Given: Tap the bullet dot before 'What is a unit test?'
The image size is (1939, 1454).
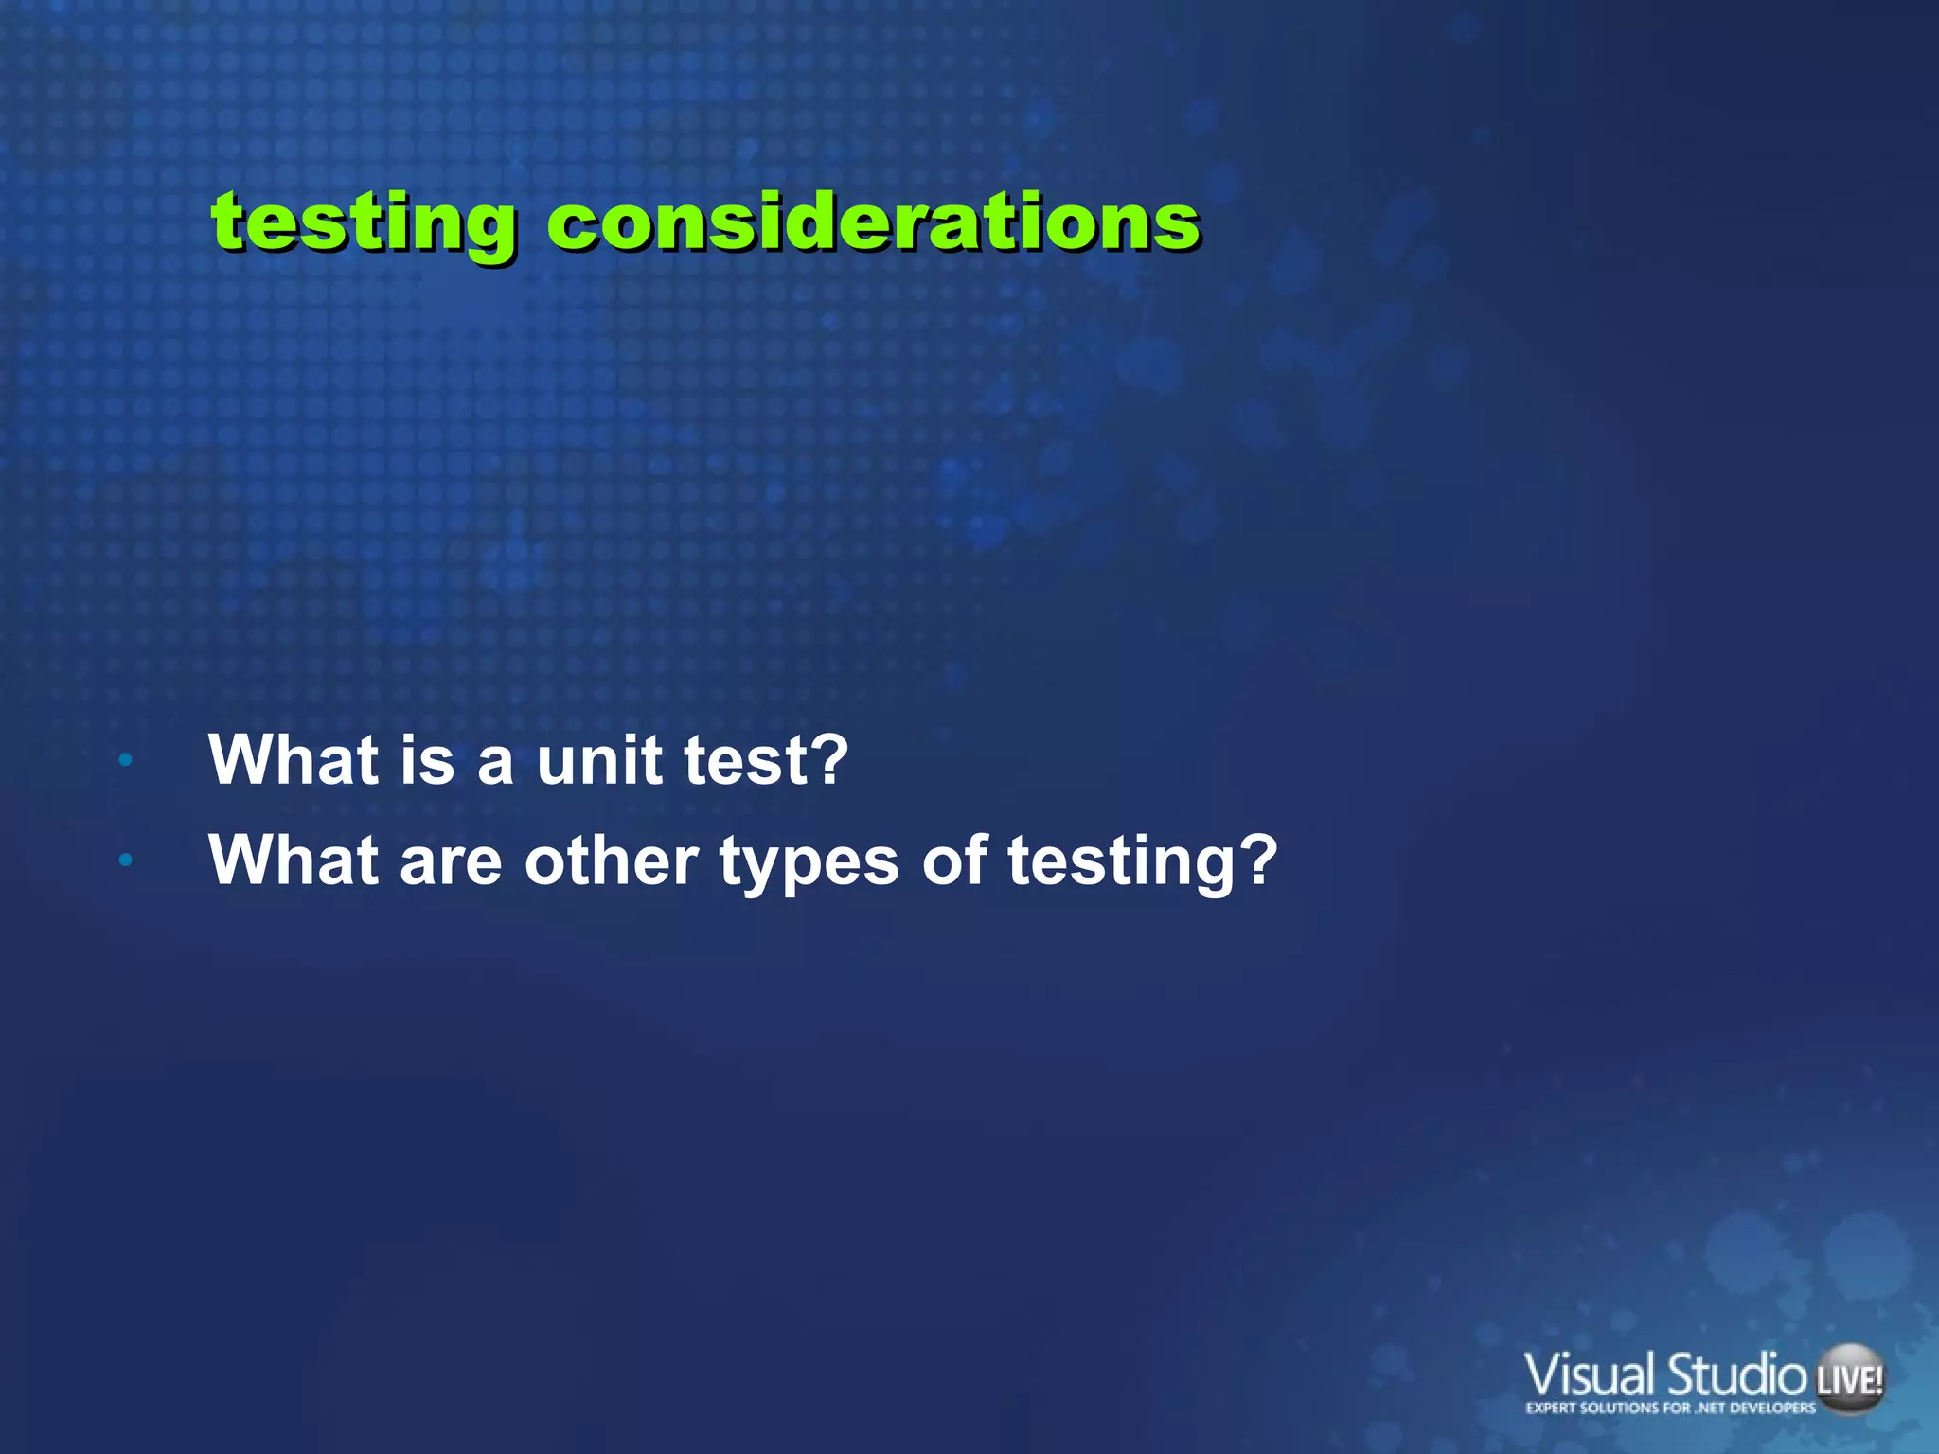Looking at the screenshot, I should (125, 759).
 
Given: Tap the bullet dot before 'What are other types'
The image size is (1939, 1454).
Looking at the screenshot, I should (125, 860).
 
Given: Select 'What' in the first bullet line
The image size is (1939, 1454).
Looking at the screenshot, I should (293, 759).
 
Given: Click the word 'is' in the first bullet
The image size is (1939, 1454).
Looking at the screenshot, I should (427, 759).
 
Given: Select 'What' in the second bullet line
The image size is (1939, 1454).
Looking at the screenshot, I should (293, 860).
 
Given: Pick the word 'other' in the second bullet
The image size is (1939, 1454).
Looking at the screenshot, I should (611, 860).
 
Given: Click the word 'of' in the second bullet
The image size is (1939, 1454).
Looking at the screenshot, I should (954, 860).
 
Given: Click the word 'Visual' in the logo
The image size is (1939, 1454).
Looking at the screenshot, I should (1590, 1375).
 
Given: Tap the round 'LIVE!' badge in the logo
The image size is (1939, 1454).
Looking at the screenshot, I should (1849, 1380).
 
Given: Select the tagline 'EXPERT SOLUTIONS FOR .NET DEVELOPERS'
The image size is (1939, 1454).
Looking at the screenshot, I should (1670, 1408).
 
